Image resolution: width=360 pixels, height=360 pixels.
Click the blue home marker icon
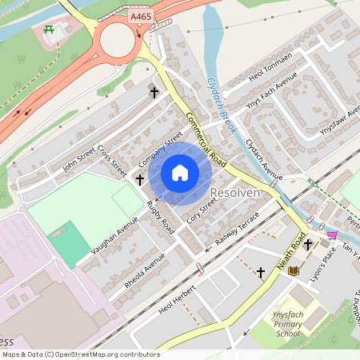coord(180,173)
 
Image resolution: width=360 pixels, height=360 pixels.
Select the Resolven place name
coord(234,194)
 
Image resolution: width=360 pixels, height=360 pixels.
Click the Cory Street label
coord(202,211)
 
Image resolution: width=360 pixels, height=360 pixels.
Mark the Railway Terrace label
coord(238,230)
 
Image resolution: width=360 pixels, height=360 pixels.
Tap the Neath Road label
coord(294,251)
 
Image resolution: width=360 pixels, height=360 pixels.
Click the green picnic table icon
coord(50,30)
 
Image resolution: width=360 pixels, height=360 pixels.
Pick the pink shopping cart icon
coord(332,234)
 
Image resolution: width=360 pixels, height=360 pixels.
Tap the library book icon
coord(294,270)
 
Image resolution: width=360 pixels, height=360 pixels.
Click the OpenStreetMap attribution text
coord(81,354)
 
